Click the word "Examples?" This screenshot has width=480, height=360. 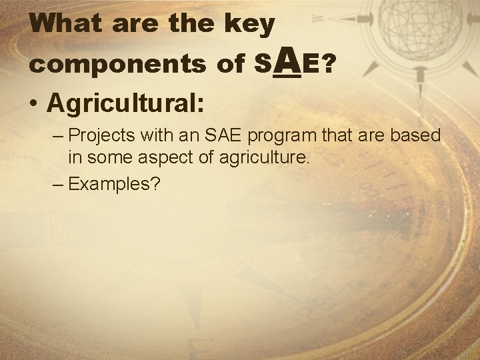click(x=115, y=184)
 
